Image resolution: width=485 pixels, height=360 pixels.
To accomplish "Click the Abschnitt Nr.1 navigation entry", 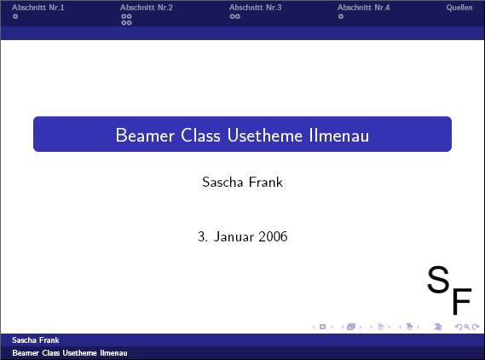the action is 38,8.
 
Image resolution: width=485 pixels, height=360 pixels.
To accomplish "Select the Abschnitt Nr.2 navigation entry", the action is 147,8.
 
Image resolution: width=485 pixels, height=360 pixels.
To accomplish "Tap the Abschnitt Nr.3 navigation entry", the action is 256,8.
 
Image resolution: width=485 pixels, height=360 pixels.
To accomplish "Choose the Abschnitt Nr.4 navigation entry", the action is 364,8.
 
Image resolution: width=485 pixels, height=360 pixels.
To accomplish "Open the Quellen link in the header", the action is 459,8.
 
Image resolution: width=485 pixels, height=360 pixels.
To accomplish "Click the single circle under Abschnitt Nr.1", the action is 15,16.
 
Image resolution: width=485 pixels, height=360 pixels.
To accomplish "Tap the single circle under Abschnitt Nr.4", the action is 341,16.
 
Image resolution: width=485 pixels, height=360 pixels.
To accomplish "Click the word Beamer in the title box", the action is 145,136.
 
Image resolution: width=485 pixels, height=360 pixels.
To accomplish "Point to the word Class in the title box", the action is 200,136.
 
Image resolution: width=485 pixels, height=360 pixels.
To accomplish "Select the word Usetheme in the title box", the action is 265,136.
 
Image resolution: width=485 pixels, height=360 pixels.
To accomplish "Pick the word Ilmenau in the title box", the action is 339,136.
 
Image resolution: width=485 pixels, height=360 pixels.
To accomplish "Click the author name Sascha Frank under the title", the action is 242,182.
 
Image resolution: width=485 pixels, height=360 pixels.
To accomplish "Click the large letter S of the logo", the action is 438,279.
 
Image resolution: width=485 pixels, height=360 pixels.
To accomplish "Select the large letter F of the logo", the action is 462,301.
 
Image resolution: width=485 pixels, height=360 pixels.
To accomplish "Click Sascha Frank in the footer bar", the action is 36,340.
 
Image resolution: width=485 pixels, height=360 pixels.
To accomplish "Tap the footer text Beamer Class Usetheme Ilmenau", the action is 70,353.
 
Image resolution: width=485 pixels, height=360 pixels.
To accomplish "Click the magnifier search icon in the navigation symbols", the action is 467,327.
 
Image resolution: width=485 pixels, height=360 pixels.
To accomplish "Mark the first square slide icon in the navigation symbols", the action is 322,327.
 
